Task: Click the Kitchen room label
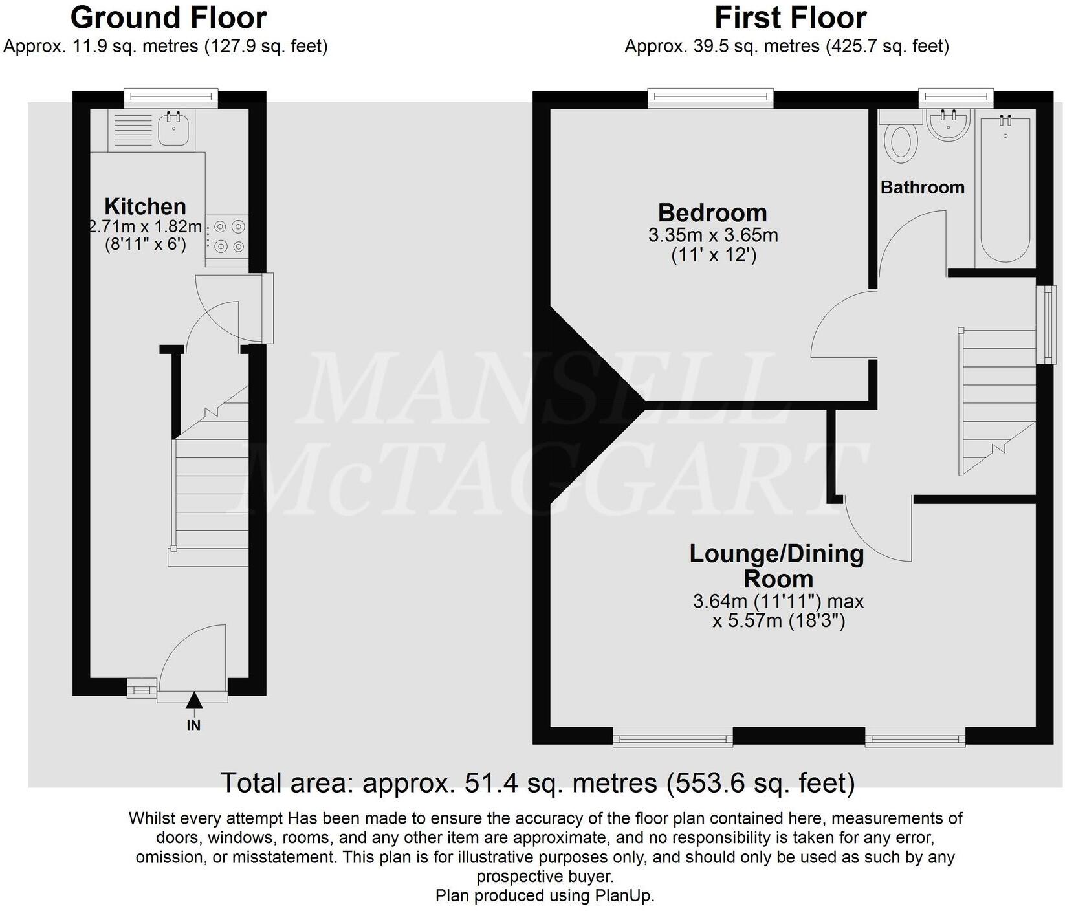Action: pyautogui.click(x=145, y=206)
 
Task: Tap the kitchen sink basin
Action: pyautogui.click(x=173, y=129)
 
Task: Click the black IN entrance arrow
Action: pyautogui.click(x=193, y=701)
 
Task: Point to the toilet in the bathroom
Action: pyautogui.click(x=901, y=143)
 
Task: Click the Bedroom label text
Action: pyautogui.click(x=712, y=213)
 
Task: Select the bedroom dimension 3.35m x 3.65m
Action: pyautogui.click(x=713, y=235)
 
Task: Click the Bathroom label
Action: pyautogui.click(x=922, y=188)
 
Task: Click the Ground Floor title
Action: pyautogui.click(x=168, y=17)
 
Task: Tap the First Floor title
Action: pyautogui.click(x=790, y=17)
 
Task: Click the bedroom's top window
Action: pyautogui.click(x=710, y=98)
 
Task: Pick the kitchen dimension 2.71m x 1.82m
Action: pyautogui.click(x=145, y=227)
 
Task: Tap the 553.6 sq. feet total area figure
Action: pyautogui.click(x=760, y=783)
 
